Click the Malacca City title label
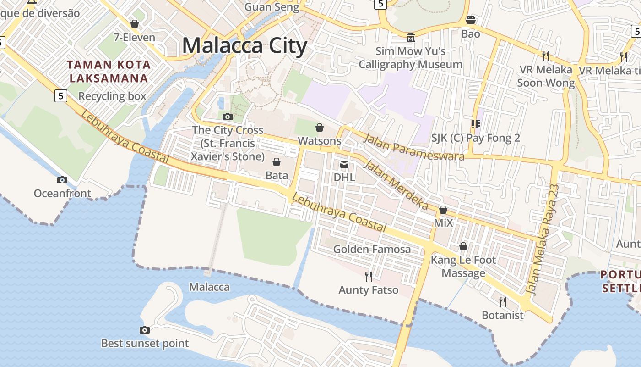pyautogui.click(x=244, y=46)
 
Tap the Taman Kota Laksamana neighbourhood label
pyautogui.click(x=109, y=71)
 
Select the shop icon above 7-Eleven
pyautogui.click(x=135, y=24)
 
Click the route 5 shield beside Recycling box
pyautogui.click(x=60, y=96)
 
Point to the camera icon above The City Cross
pyautogui.click(x=228, y=117)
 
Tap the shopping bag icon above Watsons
pyautogui.click(x=320, y=127)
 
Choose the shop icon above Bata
pyautogui.click(x=277, y=162)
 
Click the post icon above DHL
pyautogui.click(x=344, y=164)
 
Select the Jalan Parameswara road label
pyautogui.click(x=413, y=147)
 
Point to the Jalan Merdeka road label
pyautogui.click(x=397, y=185)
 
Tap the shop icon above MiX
pyautogui.click(x=443, y=210)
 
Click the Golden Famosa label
pyautogui.click(x=372, y=249)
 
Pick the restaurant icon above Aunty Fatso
pyautogui.click(x=368, y=276)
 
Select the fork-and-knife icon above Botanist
pyautogui.click(x=502, y=301)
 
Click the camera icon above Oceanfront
pyautogui.click(x=62, y=180)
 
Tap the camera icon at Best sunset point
pyautogui.click(x=145, y=330)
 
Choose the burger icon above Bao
pyautogui.click(x=471, y=20)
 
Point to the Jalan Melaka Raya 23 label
pyautogui.click(x=543, y=239)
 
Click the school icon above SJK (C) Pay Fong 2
pyautogui.click(x=475, y=124)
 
